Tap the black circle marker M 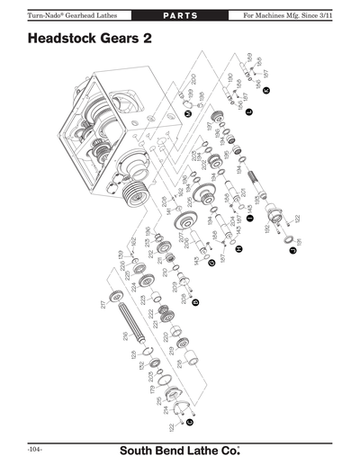click(187, 113)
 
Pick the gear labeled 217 click(114, 298)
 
